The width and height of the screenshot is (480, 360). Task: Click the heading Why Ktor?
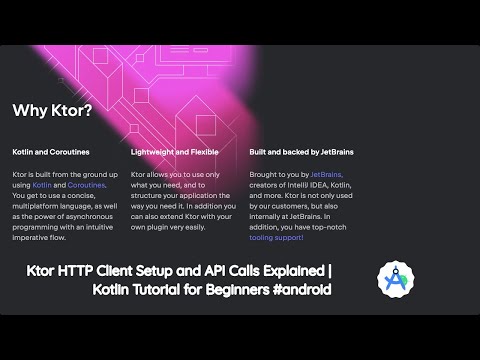(52, 110)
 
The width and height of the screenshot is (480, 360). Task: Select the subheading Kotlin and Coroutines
(51, 152)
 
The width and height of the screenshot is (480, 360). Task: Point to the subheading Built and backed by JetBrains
(300, 152)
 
